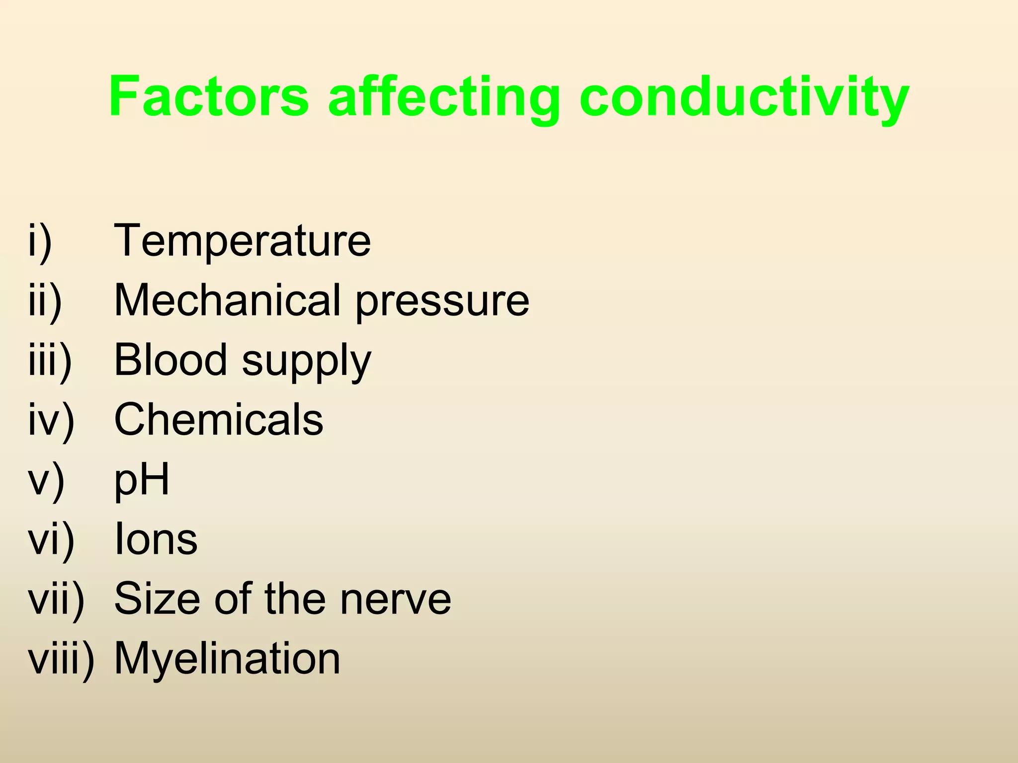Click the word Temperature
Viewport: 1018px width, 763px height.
pos(243,241)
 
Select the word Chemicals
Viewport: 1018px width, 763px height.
pos(219,420)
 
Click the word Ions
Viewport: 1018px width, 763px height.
pos(156,539)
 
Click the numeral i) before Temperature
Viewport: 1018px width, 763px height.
pos(40,242)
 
